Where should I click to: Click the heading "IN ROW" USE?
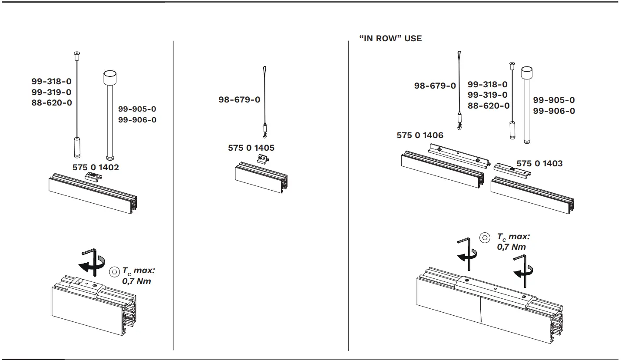click(x=390, y=38)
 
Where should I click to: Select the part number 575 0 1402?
click(x=96, y=167)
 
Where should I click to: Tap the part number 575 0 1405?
click(x=251, y=148)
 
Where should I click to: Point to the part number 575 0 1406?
click(x=420, y=135)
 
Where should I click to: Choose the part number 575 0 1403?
click(x=539, y=163)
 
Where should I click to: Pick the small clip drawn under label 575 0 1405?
click(x=263, y=160)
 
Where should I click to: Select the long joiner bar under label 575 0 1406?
click(x=456, y=155)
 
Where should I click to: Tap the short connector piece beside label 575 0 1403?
click(x=512, y=169)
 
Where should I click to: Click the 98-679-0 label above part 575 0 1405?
click(x=239, y=100)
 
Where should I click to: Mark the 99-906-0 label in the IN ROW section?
click(x=554, y=111)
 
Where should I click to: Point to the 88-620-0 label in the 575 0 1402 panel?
click(x=52, y=102)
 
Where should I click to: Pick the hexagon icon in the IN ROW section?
click(x=485, y=238)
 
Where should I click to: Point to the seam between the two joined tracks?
click(x=481, y=309)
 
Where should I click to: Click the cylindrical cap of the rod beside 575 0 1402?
click(x=110, y=79)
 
